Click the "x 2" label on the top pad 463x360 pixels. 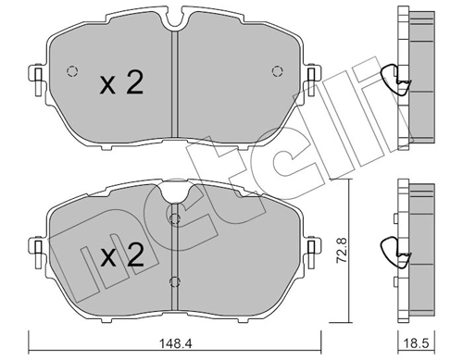point(120,85)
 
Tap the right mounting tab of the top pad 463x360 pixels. point(309,74)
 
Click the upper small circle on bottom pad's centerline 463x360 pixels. point(173,218)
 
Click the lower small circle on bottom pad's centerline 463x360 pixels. point(173,281)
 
